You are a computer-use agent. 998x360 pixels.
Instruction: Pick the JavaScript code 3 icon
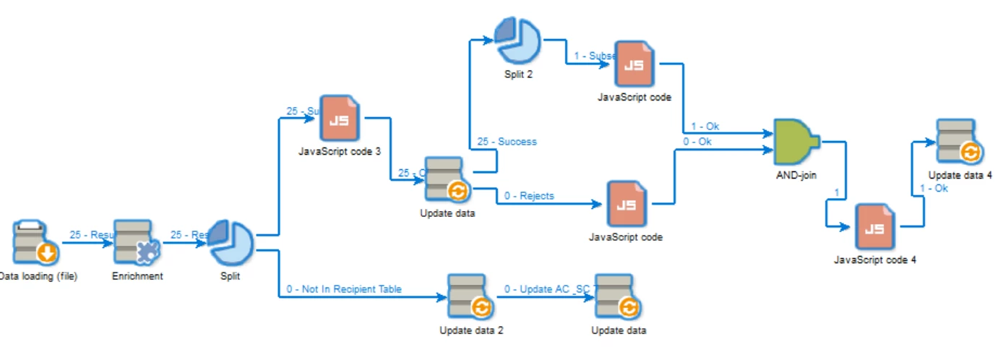tap(339, 117)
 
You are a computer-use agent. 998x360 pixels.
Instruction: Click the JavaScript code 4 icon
tap(874, 226)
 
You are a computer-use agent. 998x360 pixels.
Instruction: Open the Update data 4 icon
tap(959, 142)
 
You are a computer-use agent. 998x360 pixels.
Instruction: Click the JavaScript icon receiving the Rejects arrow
tap(626, 205)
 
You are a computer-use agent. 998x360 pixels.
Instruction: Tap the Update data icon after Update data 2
tap(618, 296)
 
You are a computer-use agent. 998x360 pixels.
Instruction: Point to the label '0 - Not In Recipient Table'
tap(344, 289)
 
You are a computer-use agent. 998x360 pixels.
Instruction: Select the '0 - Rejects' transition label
tap(529, 195)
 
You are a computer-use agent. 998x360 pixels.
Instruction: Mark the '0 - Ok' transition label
tap(697, 142)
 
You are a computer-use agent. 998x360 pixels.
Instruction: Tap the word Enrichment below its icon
tap(137, 275)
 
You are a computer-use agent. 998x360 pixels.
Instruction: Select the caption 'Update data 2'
tap(471, 330)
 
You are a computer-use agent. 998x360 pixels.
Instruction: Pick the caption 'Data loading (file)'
tap(38, 275)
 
